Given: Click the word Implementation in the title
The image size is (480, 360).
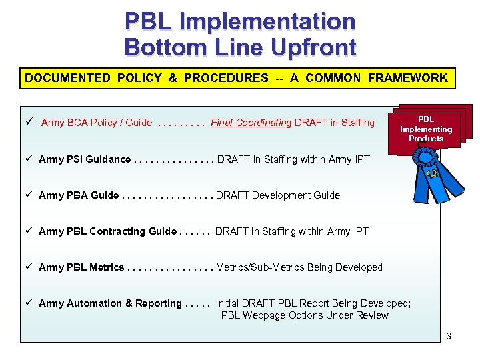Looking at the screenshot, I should coord(266,21).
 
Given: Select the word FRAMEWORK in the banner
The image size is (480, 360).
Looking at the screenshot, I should coord(407,78).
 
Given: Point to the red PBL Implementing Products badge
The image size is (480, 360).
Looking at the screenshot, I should coord(426,129).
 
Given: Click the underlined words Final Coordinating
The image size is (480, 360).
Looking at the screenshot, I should coord(251,122).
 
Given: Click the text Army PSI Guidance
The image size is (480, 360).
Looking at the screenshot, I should coord(85,159).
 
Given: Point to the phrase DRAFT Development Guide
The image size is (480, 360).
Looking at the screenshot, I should coord(278,195).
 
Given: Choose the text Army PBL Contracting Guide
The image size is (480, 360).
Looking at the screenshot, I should coord(107,231).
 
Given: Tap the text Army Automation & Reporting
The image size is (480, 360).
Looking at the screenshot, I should coord(110,303).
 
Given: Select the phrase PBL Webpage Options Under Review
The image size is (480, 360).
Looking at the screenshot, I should coord(305,315).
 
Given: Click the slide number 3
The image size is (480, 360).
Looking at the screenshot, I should coord(449,336).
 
